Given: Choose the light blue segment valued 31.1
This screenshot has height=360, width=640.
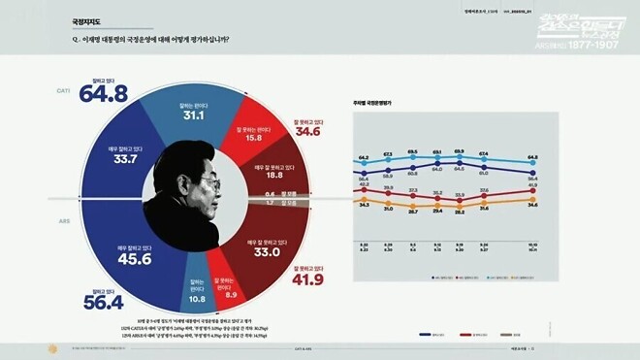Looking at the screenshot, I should pos(190,114).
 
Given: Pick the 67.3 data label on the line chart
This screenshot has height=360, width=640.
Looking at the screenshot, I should pos(388,153).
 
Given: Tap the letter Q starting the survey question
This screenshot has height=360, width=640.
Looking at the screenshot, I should pos(75,40).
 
